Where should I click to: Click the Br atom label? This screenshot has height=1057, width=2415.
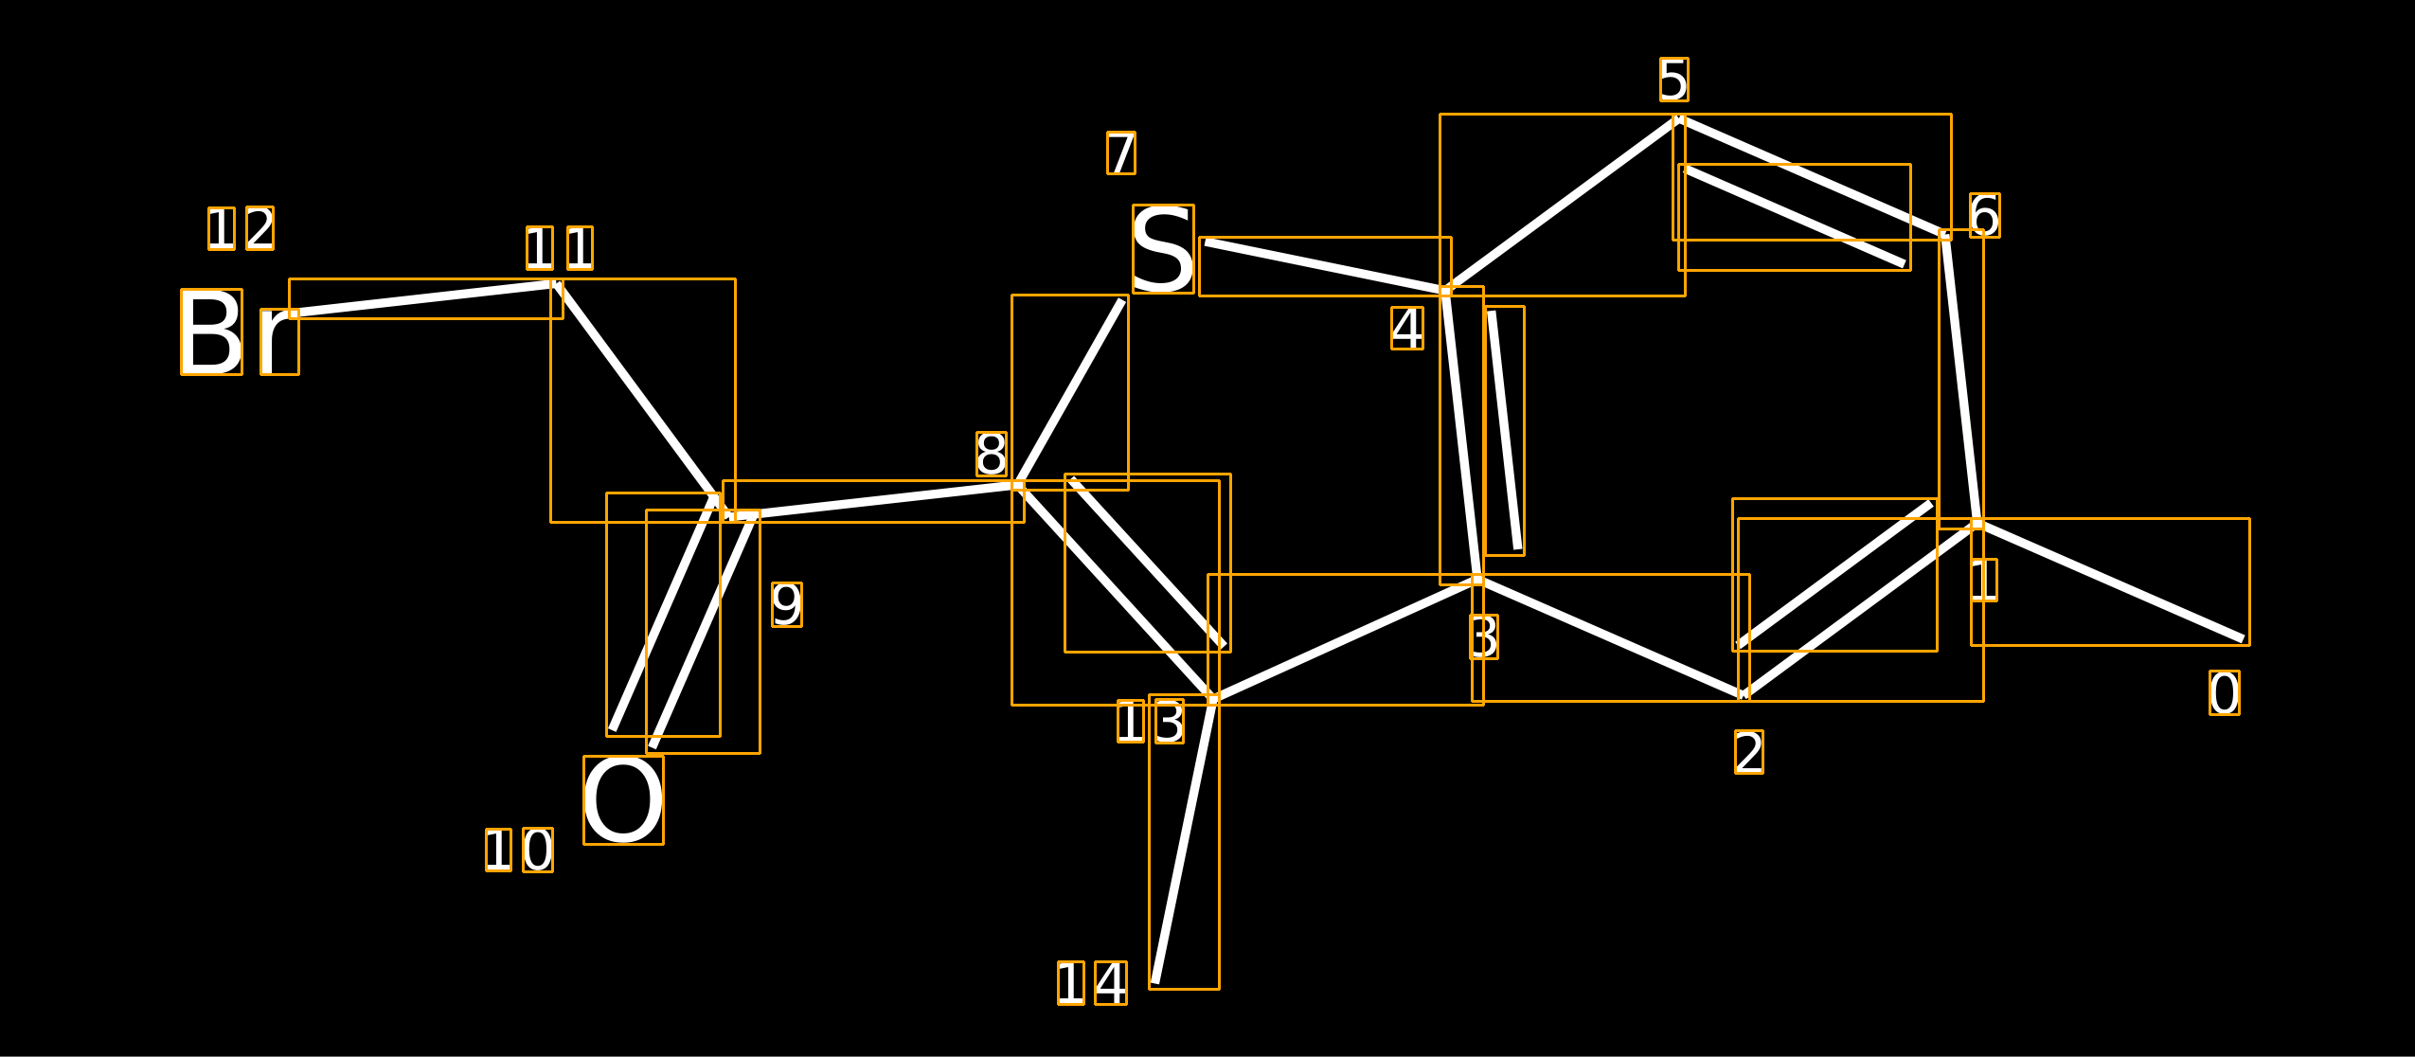pyautogui.click(x=240, y=331)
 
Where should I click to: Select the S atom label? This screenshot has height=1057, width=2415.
pyautogui.click(x=1163, y=249)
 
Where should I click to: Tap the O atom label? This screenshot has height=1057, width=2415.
pyautogui.click(x=623, y=800)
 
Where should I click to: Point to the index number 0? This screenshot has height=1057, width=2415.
pyautogui.click(x=2225, y=692)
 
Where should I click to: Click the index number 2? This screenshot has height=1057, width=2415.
pyautogui.click(x=1749, y=752)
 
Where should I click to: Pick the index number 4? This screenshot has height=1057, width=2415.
pyautogui.click(x=1407, y=329)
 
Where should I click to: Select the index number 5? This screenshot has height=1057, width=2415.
pyautogui.click(x=1673, y=80)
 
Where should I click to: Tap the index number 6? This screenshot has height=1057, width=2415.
pyautogui.click(x=1985, y=215)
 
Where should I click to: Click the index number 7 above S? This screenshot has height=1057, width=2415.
pyautogui.click(x=1121, y=152)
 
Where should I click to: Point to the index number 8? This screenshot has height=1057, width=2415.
pyautogui.click(x=992, y=454)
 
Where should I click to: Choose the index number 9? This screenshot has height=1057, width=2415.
pyautogui.click(x=787, y=604)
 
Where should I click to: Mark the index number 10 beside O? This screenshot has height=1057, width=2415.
pyautogui.click(x=519, y=850)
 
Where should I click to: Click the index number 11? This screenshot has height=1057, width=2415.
pyautogui.click(x=560, y=248)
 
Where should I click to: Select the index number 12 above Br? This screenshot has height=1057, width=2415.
pyautogui.click(x=241, y=228)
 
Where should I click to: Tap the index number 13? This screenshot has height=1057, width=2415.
pyautogui.click(x=1151, y=721)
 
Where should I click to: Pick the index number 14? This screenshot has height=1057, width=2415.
pyautogui.click(x=1093, y=983)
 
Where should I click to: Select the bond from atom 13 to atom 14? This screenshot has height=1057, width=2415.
pyautogui.click(x=1184, y=842)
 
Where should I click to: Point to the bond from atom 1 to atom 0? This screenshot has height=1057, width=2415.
pyautogui.click(x=2111, y=582)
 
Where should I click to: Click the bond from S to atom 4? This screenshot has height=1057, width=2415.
pyautogui.click(x=1325, y=266)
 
